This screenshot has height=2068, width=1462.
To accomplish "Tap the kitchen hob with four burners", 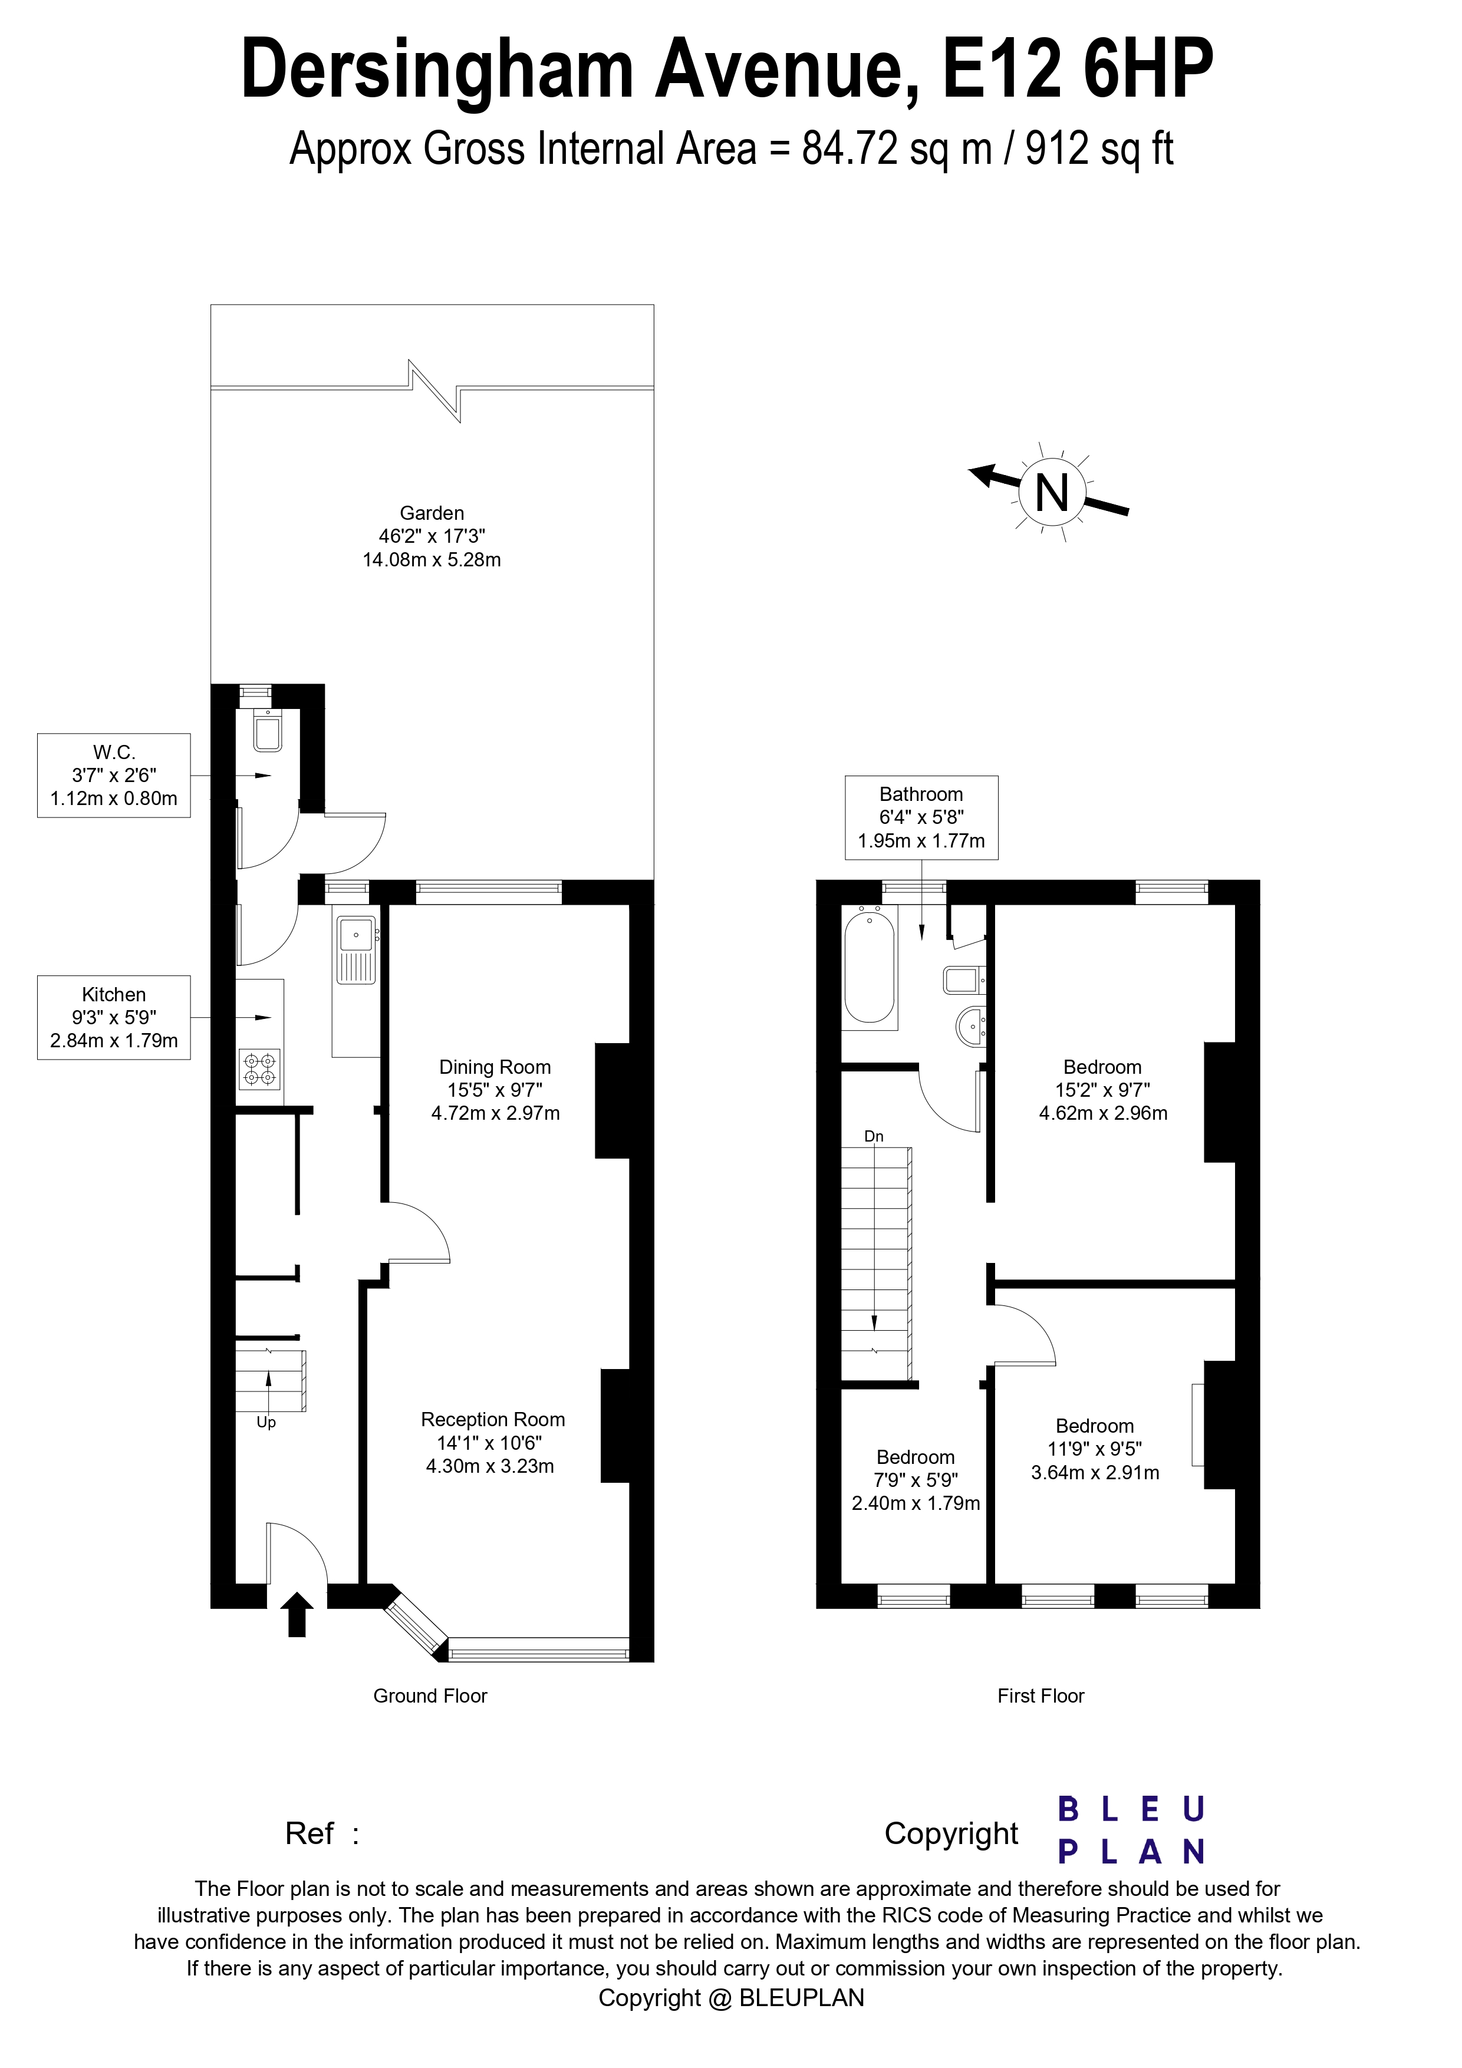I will [x=261, y=1069].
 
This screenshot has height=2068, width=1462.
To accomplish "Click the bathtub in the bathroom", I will [x=870, y=965].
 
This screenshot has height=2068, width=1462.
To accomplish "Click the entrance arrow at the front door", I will [x=297, y=1614].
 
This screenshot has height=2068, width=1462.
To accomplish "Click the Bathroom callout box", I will [x=921, y=817].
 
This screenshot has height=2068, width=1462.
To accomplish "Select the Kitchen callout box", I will [x=114, y=1017].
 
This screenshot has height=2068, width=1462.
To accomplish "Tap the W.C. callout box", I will [x=114, y=774].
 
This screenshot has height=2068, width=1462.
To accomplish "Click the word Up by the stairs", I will [x=266, y=1422].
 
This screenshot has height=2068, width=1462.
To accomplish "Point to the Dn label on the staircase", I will [x=873, y=1137].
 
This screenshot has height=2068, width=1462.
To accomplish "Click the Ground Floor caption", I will [x=430, y=1696].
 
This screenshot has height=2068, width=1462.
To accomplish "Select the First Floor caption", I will [x=1040, y=1696].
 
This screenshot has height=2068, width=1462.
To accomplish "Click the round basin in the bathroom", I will [x=970, y=1026].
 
